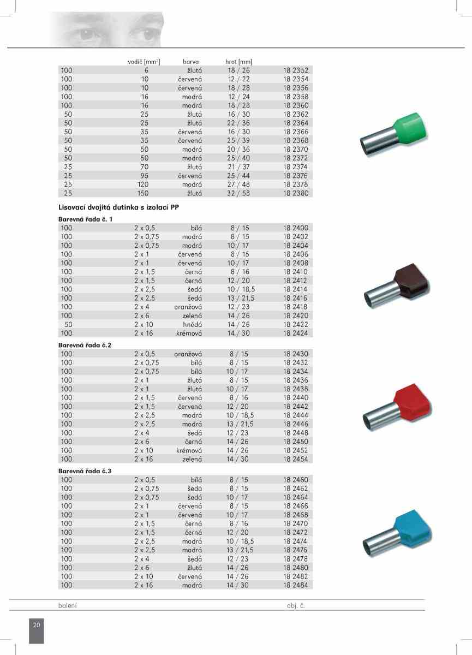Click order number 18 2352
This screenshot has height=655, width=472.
tap(295, 70)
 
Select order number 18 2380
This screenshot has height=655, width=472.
tap(295, 193)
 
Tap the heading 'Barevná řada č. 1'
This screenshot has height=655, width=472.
tap(86, 219)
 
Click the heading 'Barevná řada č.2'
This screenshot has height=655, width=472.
tap(85, 345)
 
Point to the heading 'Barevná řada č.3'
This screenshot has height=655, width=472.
tap(85, 471)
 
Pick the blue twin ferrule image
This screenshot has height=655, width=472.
tap(397, 533)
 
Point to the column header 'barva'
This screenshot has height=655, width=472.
tap(190, 62)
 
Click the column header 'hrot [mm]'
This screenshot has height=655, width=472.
tap(238, 62)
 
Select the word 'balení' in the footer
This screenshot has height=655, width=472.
tap(68, 606)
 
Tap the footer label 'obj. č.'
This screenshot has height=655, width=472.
tap(296, 606)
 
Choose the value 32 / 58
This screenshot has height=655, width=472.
tap(238, 193)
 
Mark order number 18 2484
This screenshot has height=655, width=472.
tap(295, 585)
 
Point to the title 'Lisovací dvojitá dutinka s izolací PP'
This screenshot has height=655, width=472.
tap(118, 207)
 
